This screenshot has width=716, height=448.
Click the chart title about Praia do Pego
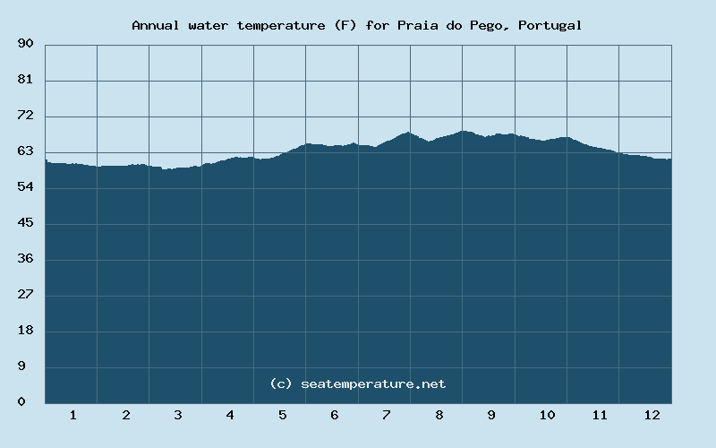point(357,25)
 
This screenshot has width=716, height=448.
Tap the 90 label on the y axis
point(25,44)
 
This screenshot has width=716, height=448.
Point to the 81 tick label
point(25,80)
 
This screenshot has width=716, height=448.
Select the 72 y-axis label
point(25,116)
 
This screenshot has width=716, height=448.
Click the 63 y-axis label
point(25,151)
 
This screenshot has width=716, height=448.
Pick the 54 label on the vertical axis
point(25,187)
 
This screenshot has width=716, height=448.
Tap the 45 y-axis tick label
point(25,223)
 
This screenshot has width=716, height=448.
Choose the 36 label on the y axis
point(25,259)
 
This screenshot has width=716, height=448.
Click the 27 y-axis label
point(25,295)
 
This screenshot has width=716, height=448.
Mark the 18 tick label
point(25,331)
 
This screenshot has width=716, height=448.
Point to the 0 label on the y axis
point(21,402)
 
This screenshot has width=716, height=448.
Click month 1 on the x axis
point(72,415)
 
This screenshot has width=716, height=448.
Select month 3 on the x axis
point(177,415)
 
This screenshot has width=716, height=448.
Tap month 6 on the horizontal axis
point(334,415)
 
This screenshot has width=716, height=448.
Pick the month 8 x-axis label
point(439,415)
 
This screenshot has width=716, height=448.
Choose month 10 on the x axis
point(547,415)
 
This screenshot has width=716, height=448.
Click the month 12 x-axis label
point(652,415)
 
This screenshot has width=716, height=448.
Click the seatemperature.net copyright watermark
point(357,383)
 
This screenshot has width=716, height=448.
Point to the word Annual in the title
point(156,25)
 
